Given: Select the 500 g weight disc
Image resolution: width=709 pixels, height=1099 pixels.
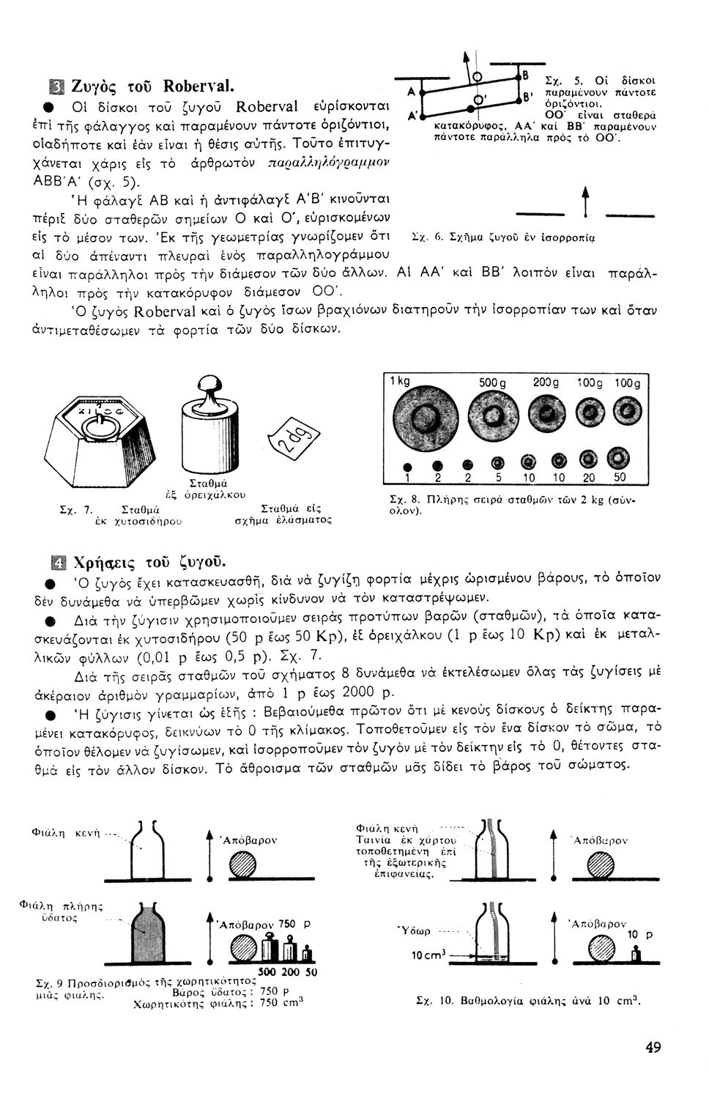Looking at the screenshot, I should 489,418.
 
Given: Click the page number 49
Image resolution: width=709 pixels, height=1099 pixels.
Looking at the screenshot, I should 653,1047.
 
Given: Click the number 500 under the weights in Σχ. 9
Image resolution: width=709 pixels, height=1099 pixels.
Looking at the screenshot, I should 267,972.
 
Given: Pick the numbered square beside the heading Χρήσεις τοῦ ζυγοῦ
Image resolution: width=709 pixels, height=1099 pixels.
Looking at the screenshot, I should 56,563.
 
